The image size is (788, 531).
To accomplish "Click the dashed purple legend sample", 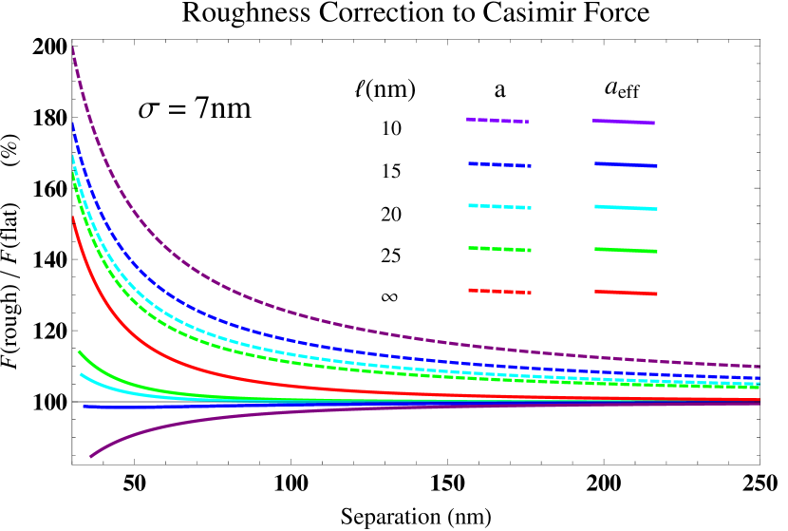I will coord(497,121).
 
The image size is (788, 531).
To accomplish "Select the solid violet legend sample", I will coord(624,122).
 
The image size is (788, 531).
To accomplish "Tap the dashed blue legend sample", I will coord(499,164).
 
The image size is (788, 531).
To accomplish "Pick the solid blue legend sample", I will coord(626,164).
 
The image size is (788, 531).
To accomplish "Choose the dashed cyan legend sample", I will coord(499,206).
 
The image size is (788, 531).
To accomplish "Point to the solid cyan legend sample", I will coord(626,207).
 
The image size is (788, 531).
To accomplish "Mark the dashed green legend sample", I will coord(499,249).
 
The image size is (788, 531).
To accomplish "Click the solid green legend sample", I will coord(626,250).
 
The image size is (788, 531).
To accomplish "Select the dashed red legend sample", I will coord(499,291).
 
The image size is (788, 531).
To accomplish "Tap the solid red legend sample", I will coord(626,292).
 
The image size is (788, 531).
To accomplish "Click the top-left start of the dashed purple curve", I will coord(73,47).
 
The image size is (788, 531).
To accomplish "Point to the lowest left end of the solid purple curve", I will coord(90,457).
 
